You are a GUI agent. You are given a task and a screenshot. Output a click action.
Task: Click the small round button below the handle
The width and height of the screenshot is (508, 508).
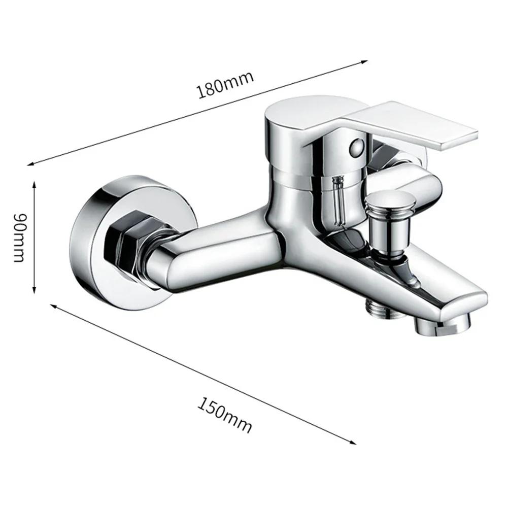[x=357, y=147]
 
